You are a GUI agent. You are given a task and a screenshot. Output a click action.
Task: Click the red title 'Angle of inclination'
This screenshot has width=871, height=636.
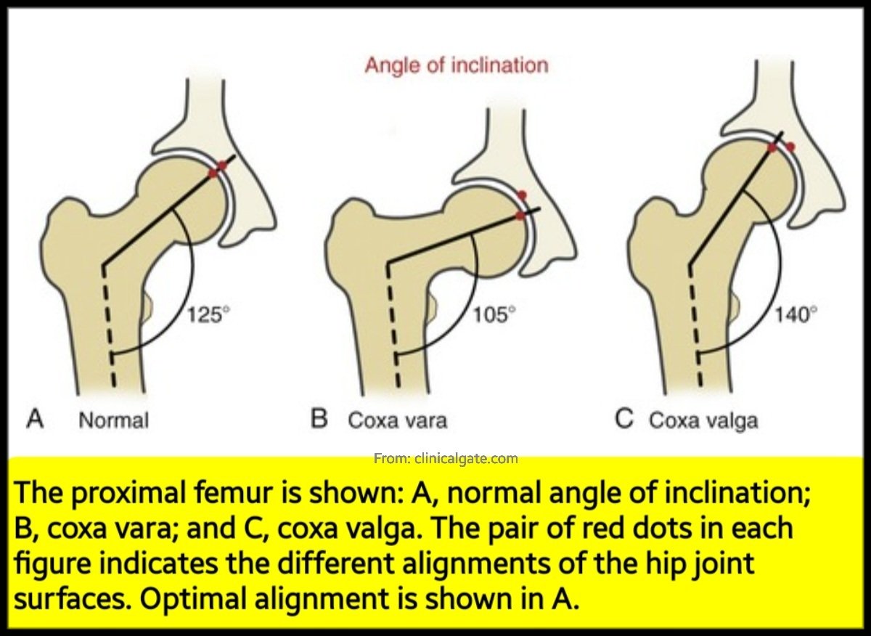456,65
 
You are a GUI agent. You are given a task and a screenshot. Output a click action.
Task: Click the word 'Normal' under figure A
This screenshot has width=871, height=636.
113,420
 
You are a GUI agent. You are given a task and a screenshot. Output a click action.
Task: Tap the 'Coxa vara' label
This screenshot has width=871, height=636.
398,420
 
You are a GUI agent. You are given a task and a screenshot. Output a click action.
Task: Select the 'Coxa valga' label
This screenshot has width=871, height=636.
703,420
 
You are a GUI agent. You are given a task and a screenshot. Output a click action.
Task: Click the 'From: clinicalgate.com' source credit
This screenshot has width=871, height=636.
446,458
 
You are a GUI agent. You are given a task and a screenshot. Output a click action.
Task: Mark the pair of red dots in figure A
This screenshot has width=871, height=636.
218,169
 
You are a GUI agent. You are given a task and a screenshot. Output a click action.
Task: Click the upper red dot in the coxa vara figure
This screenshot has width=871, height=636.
523,195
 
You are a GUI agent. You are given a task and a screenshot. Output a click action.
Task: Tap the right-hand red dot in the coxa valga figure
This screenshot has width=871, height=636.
790,147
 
